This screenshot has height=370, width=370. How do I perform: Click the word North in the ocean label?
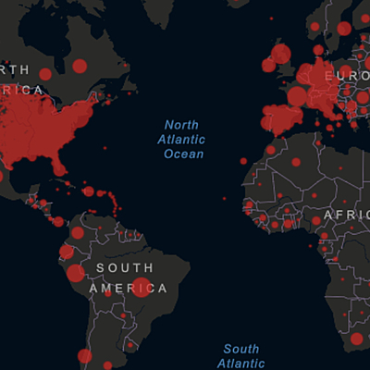[x=182, y=125]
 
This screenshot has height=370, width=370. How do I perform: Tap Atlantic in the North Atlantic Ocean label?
[x=183, y=140]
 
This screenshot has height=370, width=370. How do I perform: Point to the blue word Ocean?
[x=183, y=154]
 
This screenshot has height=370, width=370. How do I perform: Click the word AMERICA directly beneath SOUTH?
[x=129, y=289]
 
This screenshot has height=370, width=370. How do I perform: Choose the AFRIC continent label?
[x=350, y=214]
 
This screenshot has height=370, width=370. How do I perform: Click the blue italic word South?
[x=240, y=349]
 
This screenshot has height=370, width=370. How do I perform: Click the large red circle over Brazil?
[x=142, y=287]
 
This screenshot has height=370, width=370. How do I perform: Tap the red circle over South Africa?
[x=357, y=339]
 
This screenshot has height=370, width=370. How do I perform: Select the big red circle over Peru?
[x=76, y=274]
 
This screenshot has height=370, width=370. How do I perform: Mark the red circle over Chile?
[x=85, y=356]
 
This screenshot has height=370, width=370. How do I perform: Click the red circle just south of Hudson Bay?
[x=80, y=66]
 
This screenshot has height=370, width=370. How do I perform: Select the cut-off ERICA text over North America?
[x=22, y=90]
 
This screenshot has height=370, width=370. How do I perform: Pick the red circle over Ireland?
[x=268, y=66]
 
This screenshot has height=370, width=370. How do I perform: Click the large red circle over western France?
[x=297, y=96]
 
